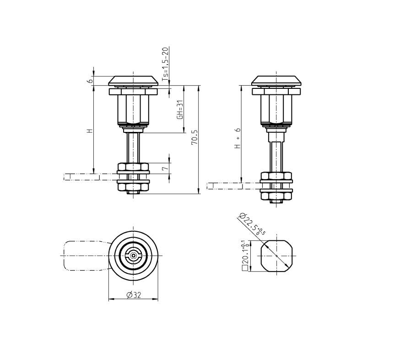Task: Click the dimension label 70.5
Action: click(194, 137)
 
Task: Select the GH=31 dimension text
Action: click(180, 110)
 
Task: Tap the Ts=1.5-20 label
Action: click(165, 64)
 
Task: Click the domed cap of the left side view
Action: click(133, 81)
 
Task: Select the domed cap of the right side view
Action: click(276, 81)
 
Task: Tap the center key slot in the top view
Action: click(133, 256)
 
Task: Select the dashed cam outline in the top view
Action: click(85, 256)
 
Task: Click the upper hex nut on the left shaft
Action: click(133, 167)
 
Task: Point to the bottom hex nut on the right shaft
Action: click(276, 196)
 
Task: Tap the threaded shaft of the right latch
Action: click(276, 156)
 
